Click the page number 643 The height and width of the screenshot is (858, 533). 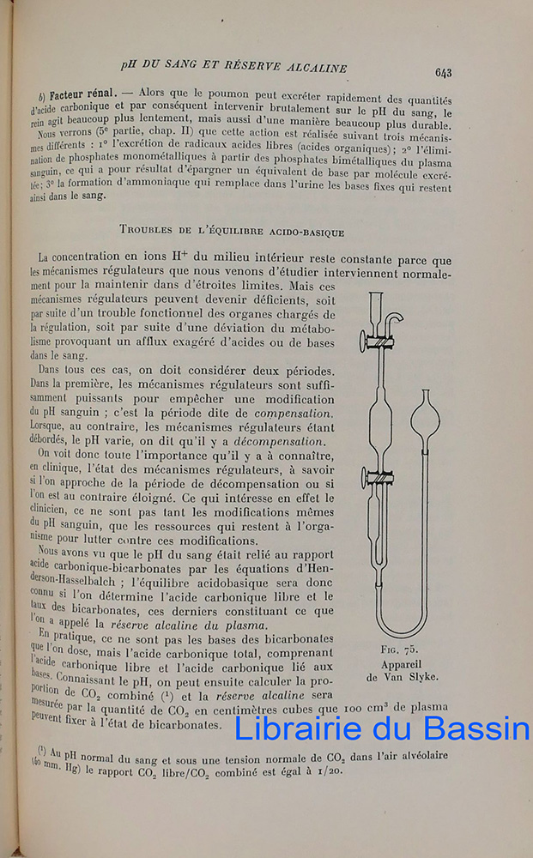tap(444, 73)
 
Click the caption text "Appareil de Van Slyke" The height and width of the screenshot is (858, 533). tap(402, 669)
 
